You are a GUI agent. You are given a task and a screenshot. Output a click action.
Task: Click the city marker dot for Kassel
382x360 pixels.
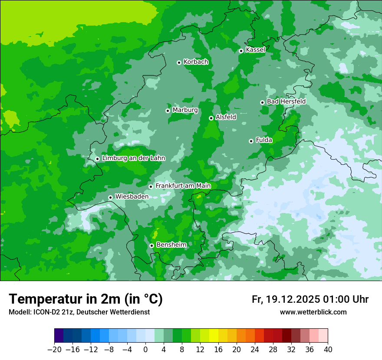(x=241, y=51)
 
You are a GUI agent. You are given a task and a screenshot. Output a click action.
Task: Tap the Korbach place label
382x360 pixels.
(x=196, y=62)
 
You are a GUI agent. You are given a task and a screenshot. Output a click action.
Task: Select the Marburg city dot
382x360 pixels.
(x=168, y=111)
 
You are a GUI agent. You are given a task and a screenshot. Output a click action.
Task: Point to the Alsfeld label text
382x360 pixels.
(x=226, y=117)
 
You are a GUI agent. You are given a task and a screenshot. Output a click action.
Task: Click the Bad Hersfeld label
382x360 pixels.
(x=286, y=101)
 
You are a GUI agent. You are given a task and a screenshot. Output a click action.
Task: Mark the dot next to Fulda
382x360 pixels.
(x=251, y=141)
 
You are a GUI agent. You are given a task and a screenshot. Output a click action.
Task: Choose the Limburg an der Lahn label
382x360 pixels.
(x=133, y=158)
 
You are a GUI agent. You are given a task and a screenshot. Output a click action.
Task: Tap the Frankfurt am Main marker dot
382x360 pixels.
(x=151, y=187)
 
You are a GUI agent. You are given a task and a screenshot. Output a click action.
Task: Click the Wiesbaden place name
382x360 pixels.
(x=132, y=196)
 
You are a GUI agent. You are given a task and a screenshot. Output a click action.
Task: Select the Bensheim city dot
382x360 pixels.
(x=151, y=245)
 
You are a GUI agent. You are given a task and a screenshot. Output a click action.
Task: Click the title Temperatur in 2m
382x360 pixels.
(x=86, y=299)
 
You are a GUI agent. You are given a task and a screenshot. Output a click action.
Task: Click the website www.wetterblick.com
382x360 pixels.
(x=313, y=312)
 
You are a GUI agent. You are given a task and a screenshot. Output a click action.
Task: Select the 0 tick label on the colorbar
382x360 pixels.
(x=145, y=350)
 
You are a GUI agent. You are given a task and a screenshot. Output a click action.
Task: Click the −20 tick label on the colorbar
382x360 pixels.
(x=54, y=350)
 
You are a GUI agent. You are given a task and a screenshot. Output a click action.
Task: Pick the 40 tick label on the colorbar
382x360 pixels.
(x=328, y=350)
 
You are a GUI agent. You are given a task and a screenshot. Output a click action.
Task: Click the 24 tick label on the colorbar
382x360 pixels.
(x=255, y=350)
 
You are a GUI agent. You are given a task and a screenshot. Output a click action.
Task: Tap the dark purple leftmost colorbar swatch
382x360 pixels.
(x=59, y=336)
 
